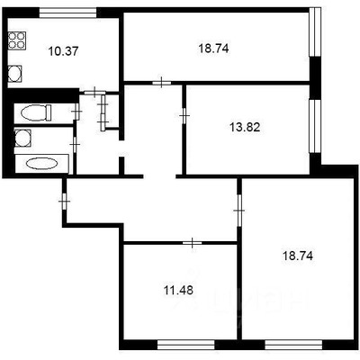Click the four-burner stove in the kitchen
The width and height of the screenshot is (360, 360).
tap(16, 40)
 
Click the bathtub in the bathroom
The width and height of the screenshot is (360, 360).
tap(40, 164)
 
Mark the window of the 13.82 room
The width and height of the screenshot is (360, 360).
tap(314, 122)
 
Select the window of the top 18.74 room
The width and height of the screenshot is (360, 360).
tap(314, 35)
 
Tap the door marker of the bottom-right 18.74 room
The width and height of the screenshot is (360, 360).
tap(238, 210)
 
